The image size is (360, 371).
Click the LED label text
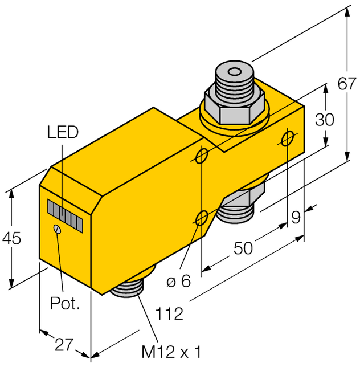click(x=62, y=133)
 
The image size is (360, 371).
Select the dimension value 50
click(x=244, y=248)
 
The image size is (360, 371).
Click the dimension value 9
click(x=296, y=217)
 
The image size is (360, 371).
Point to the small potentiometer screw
click(x=56, y=229)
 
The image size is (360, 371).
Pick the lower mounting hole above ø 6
click(x=202, y=217)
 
